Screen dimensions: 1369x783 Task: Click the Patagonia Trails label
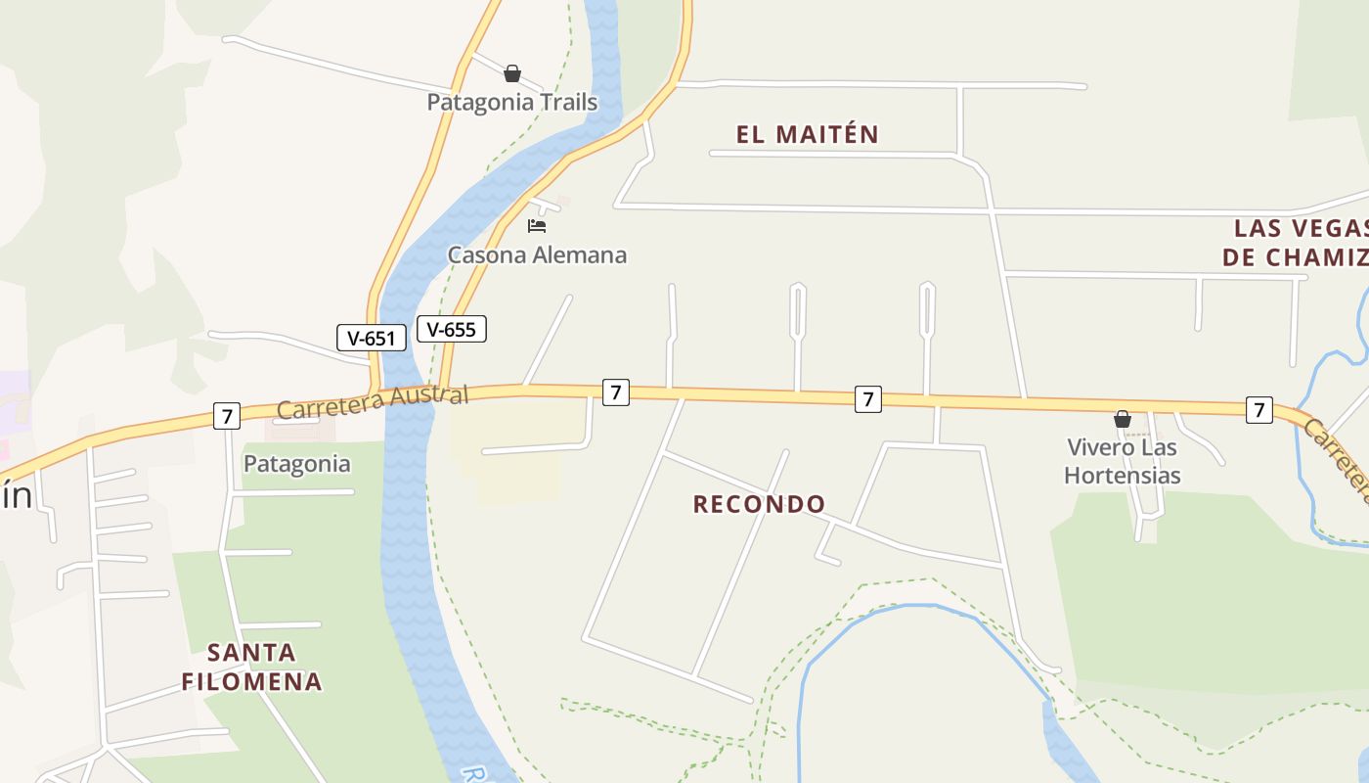(511, 102)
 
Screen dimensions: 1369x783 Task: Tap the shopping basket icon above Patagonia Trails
(511, 73)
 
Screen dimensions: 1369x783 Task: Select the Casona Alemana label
(537, 255)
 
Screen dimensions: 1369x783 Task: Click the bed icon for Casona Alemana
(537, 226)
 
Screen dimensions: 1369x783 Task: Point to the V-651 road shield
(371, 339)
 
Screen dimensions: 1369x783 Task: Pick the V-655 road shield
(452, 329)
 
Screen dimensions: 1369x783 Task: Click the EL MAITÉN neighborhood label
(808, 135)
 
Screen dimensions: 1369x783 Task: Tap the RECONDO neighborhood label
(759, 504)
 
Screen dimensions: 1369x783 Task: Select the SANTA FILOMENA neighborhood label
(251, 667)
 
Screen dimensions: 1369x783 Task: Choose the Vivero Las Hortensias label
(1122, 462)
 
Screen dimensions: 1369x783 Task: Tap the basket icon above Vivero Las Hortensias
(1123, 419)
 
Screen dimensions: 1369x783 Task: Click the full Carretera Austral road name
(373, 401)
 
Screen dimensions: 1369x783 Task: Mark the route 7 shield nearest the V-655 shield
(615, 393)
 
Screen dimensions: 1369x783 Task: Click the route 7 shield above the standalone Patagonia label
(227, 416)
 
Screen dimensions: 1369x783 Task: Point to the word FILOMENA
(251, 681)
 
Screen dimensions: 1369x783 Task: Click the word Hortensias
(1122, 477)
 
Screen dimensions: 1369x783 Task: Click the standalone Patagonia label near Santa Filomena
(296, 464)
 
